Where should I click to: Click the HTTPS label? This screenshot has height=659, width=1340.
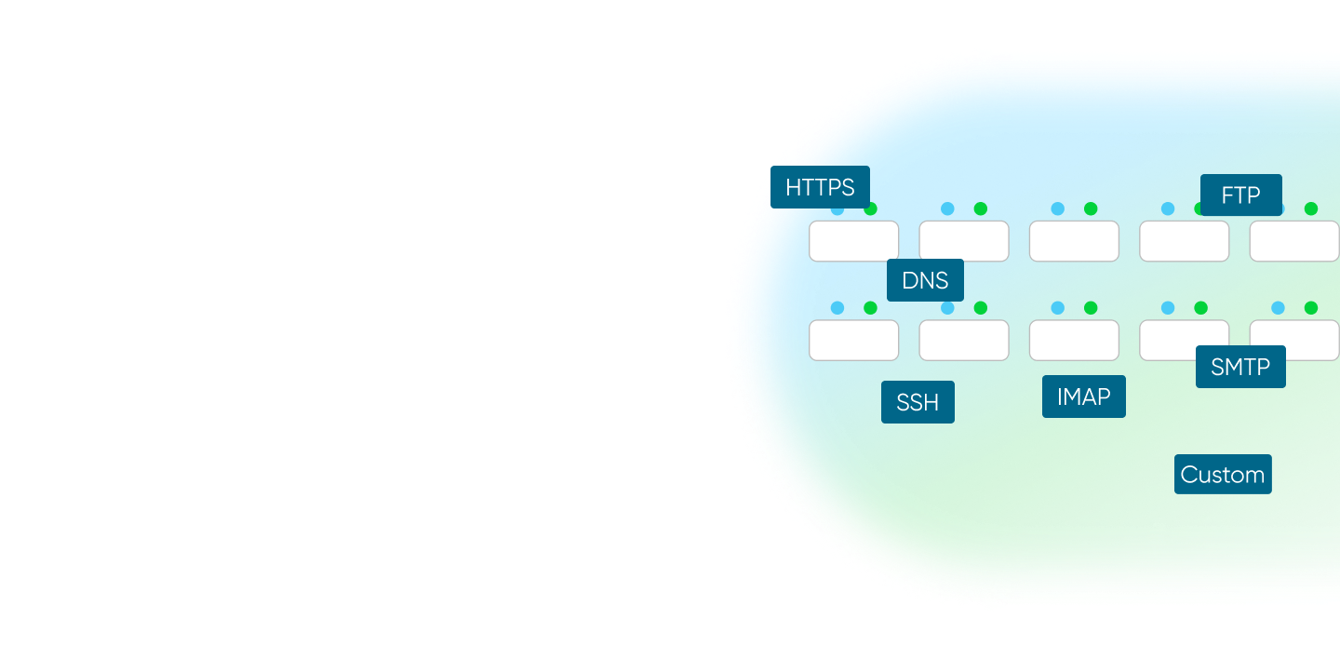tap(820, 187)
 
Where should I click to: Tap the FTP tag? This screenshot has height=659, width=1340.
tap(1240, 195)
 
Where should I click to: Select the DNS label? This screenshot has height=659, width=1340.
tap(925, 280)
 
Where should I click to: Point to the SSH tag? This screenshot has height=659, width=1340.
tap(918, 402)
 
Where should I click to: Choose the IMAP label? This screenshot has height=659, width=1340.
tap(1083, 397)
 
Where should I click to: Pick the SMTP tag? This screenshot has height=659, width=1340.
tap(1240, 367)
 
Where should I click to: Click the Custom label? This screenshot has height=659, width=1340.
tap(1222, 475)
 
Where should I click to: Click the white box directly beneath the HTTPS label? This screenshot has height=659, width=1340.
tap(853, 241)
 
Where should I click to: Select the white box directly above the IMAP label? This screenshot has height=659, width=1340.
tap(1074, 340)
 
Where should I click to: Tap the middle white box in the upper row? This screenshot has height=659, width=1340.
tap(1074, 241)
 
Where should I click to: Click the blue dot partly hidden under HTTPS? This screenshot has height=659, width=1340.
tap(837, 210)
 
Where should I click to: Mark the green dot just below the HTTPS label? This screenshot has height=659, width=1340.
tap(871, 209)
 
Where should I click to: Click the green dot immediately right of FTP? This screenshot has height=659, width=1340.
tap(1311, 208)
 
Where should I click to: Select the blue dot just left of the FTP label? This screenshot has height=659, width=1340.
tap(1168, 208)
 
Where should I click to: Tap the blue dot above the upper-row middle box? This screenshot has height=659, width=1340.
tap(1058, 208)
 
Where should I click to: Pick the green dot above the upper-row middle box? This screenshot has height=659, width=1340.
tap(1091, 208)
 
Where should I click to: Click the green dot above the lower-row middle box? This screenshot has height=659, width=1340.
tap(1091, 308)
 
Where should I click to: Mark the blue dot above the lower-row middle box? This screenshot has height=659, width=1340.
tap(1058, 308)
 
